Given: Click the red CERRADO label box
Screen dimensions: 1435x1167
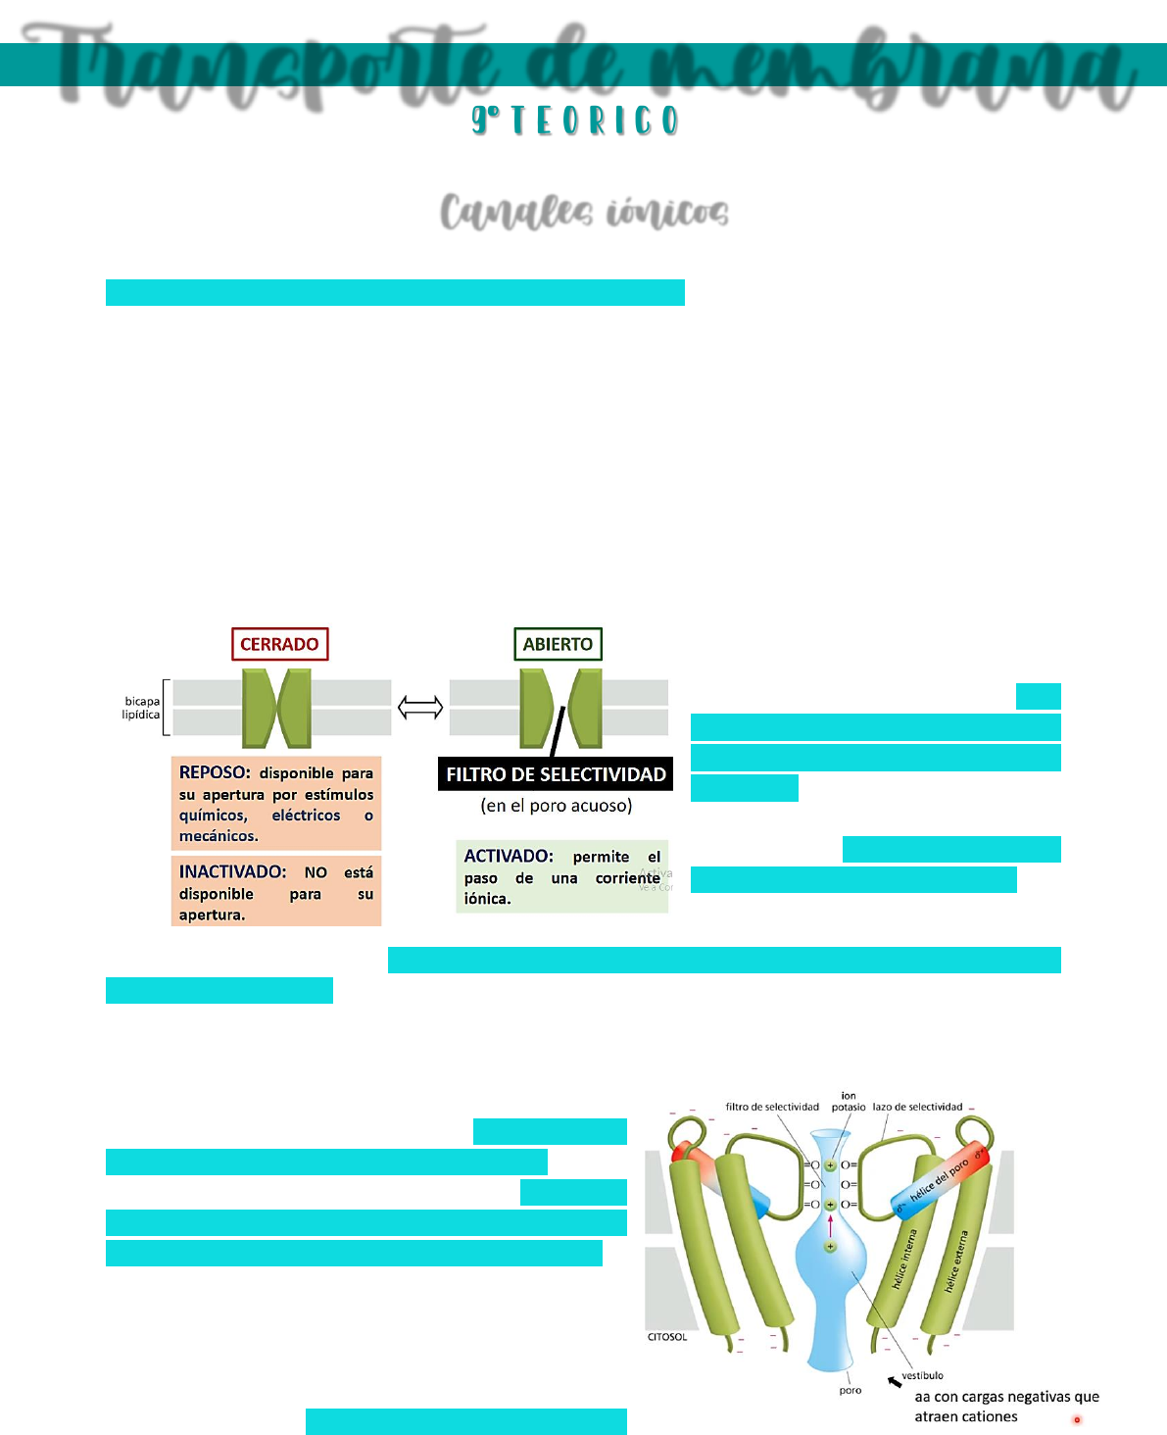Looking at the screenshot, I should coord(279,644).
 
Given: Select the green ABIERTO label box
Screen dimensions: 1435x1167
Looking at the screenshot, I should coord(558,644).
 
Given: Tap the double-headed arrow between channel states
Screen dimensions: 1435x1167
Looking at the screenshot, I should coord(420,707).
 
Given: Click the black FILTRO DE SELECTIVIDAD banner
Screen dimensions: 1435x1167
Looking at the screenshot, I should coord(556,774).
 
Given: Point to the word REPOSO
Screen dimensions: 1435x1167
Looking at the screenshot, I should coord(215,772).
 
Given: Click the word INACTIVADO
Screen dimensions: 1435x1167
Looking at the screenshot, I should coord(232,871).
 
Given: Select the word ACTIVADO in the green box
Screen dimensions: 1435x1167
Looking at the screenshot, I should coord(509,856).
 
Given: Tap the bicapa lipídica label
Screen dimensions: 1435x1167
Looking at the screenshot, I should coord(142,708).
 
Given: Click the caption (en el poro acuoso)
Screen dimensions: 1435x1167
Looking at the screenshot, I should coord(556,806).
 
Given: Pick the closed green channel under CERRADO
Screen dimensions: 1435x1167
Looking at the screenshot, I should coord(276,708).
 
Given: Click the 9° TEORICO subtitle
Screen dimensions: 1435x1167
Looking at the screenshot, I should coord(575,121).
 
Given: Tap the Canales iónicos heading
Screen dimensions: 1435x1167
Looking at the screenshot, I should coord(584,212).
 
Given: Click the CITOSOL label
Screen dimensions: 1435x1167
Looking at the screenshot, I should coord(667,1337).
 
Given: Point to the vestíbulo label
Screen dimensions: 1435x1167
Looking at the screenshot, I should coord(922,1375).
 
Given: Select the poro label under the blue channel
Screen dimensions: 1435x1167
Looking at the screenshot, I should coord(851,1390).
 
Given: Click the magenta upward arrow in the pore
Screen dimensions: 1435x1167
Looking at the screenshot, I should coord(830,1225).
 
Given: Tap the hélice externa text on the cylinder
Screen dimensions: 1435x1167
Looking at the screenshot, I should coord(956,1262).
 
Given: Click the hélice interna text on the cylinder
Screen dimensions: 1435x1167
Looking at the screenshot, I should coord(904,1260).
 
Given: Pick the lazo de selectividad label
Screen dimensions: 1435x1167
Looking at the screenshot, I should coord(917,1107).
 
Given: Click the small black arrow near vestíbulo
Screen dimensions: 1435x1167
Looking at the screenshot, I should coord(895,1382).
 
